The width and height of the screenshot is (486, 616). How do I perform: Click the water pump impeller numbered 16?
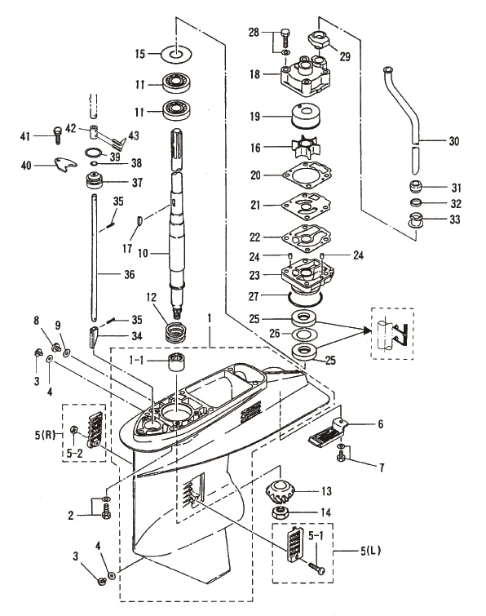point(307,148)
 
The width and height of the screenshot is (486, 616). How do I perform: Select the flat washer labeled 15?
point(176,53)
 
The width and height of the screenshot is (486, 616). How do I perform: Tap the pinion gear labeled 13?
point(281,492)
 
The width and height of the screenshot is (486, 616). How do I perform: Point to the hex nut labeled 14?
point(281,512)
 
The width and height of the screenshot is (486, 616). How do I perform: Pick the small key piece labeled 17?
point(139,221)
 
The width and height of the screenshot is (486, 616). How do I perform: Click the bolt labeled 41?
point(58,135)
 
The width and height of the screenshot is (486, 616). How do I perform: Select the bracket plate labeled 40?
point(65,165)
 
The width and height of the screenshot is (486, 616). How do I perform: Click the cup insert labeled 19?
point(307,116)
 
